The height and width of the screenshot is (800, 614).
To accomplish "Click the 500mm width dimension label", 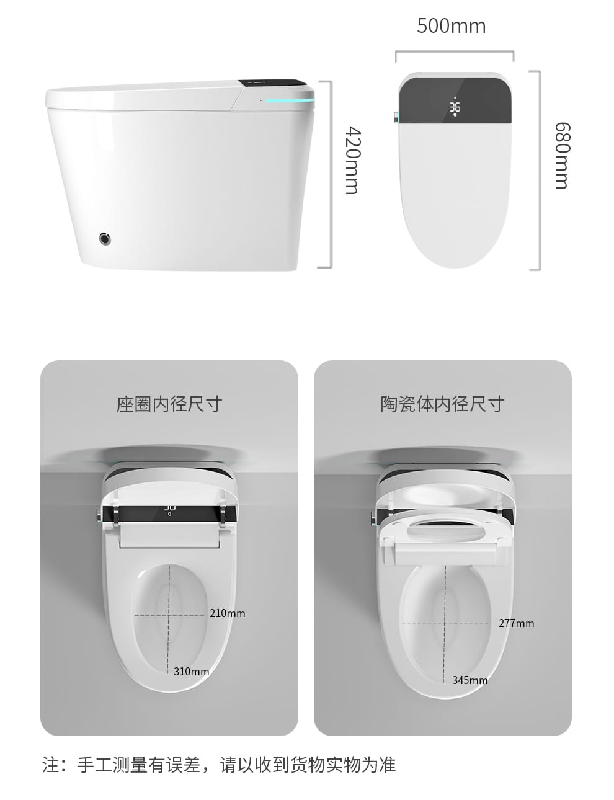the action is click(x=452, y=26).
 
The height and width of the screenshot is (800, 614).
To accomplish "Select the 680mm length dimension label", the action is click(x=563, y=156).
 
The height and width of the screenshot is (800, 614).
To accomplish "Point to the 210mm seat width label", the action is click(x=227, y=613).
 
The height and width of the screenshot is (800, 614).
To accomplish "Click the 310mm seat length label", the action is click(x=191, y=672).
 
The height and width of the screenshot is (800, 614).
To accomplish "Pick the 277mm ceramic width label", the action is click(x=516, y=623).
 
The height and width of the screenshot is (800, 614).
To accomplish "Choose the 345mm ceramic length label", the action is click(x=469, y=680).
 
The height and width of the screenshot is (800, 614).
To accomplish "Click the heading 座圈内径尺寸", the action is click(x=169, y=404).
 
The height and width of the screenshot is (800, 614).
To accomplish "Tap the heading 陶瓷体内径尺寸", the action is click(x=442, y=404).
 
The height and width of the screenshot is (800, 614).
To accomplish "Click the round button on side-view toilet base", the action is click(x=105, y=239).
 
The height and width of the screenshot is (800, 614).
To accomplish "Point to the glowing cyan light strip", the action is click(x=290, y=100).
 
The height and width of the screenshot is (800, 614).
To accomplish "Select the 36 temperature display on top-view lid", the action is click(x=455, y=107).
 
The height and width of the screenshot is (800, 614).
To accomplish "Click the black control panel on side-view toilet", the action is click(x=273, y=83).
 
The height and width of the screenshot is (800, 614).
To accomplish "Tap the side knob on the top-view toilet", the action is click(x=396, y=117).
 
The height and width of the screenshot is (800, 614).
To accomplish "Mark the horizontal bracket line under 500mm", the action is click(x=455, y=52).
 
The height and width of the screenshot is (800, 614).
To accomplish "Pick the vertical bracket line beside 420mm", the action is click(x=330, y=174).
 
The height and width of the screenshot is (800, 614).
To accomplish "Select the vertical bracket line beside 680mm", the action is click(x=540, y=170).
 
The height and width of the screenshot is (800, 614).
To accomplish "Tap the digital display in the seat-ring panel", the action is click(x=169, y=510).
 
